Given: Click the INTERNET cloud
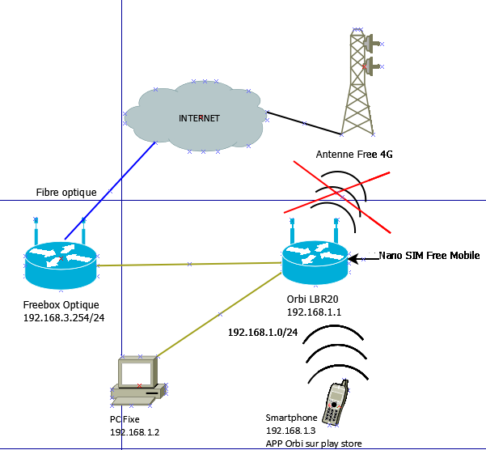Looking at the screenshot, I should (x=198, y=118).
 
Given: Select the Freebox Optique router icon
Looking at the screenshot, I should (x=61, y=261).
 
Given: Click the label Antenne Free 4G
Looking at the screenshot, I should (x=354, y=154).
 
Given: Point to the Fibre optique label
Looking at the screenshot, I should (x=66, y=193).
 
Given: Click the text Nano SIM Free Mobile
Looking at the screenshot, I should (x=429, y=256).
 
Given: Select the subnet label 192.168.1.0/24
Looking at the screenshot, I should (x=263, y=333).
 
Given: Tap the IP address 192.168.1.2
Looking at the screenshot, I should (x=134, y=432).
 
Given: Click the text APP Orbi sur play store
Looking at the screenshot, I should (x=313, y=443).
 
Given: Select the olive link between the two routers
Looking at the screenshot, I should (x=189, y=264).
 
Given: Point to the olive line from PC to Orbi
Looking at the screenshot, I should (x=220, y=314).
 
